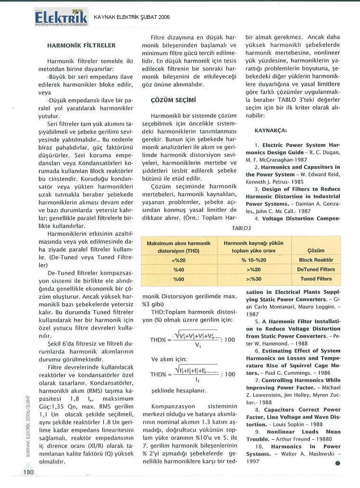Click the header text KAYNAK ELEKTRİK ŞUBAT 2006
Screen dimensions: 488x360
coord(132,18)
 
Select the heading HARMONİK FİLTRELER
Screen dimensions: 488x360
coord(81,45)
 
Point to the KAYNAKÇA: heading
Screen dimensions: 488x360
coord(270,130)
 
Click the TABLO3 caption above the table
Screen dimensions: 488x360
coord(241,228)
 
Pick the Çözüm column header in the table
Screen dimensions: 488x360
coord(316,250)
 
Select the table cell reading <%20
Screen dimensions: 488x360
coord(179,260)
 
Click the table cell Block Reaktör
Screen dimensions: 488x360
coord(316,260)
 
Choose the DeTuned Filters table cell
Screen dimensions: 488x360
coord(316,270)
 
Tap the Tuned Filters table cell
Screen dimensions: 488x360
coord(316,279)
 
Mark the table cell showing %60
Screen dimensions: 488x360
coord(179,279)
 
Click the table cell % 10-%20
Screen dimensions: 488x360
coord(254,260)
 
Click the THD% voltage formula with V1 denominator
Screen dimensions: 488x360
coord(192,340)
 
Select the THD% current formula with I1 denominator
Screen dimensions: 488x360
coord(192,374)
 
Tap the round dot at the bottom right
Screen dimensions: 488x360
coord(338,463)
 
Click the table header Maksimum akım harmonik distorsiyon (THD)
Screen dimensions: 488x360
coord(179,247)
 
